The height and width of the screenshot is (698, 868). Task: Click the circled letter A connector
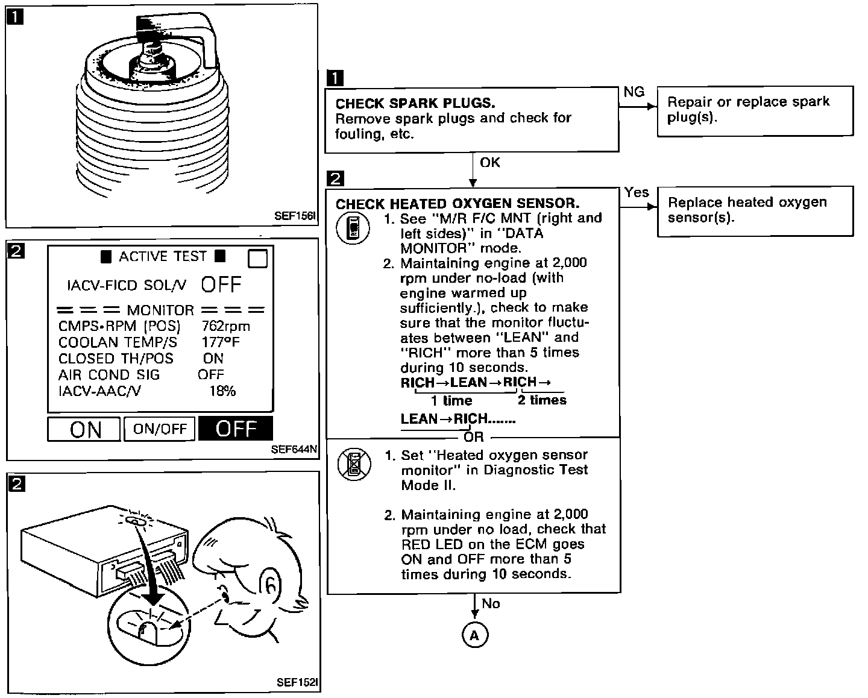pos(474,635)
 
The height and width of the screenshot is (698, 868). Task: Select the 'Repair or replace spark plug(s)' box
pos(755,110)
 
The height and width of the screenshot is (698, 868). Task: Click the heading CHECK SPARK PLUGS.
pos(415,103)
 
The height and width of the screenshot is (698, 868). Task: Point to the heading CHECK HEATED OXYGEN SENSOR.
pos(457,204)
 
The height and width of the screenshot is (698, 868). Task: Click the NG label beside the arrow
pos(634,92)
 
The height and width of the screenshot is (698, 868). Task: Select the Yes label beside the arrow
pos(637,192)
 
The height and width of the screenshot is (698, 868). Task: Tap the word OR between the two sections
pos(474,436)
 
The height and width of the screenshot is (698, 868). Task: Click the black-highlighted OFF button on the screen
pos(236,429)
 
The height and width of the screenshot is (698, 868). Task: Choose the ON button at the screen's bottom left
pos(84,429)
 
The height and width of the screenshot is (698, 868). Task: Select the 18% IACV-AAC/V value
pos(222,391)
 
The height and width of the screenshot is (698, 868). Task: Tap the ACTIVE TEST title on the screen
pos(162,257)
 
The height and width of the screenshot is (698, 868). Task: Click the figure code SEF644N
pos(294,449)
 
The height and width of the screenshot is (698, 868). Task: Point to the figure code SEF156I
pos(295,215)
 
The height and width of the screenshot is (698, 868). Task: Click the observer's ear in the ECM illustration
pos(272,584)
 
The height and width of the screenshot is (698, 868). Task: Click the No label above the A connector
pos(491,604)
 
